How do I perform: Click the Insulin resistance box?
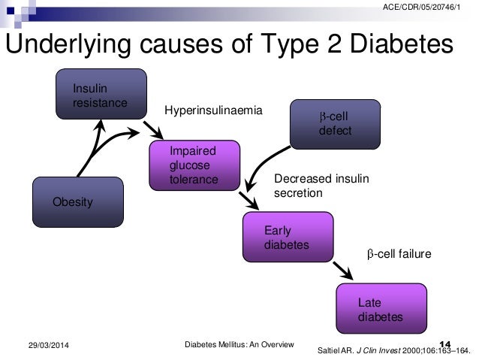101,94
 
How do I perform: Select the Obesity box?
77,201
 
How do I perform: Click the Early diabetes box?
287,237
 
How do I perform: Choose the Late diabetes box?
381,309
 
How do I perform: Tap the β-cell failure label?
399,255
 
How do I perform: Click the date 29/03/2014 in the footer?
41,344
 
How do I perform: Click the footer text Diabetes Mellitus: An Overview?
239,343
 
